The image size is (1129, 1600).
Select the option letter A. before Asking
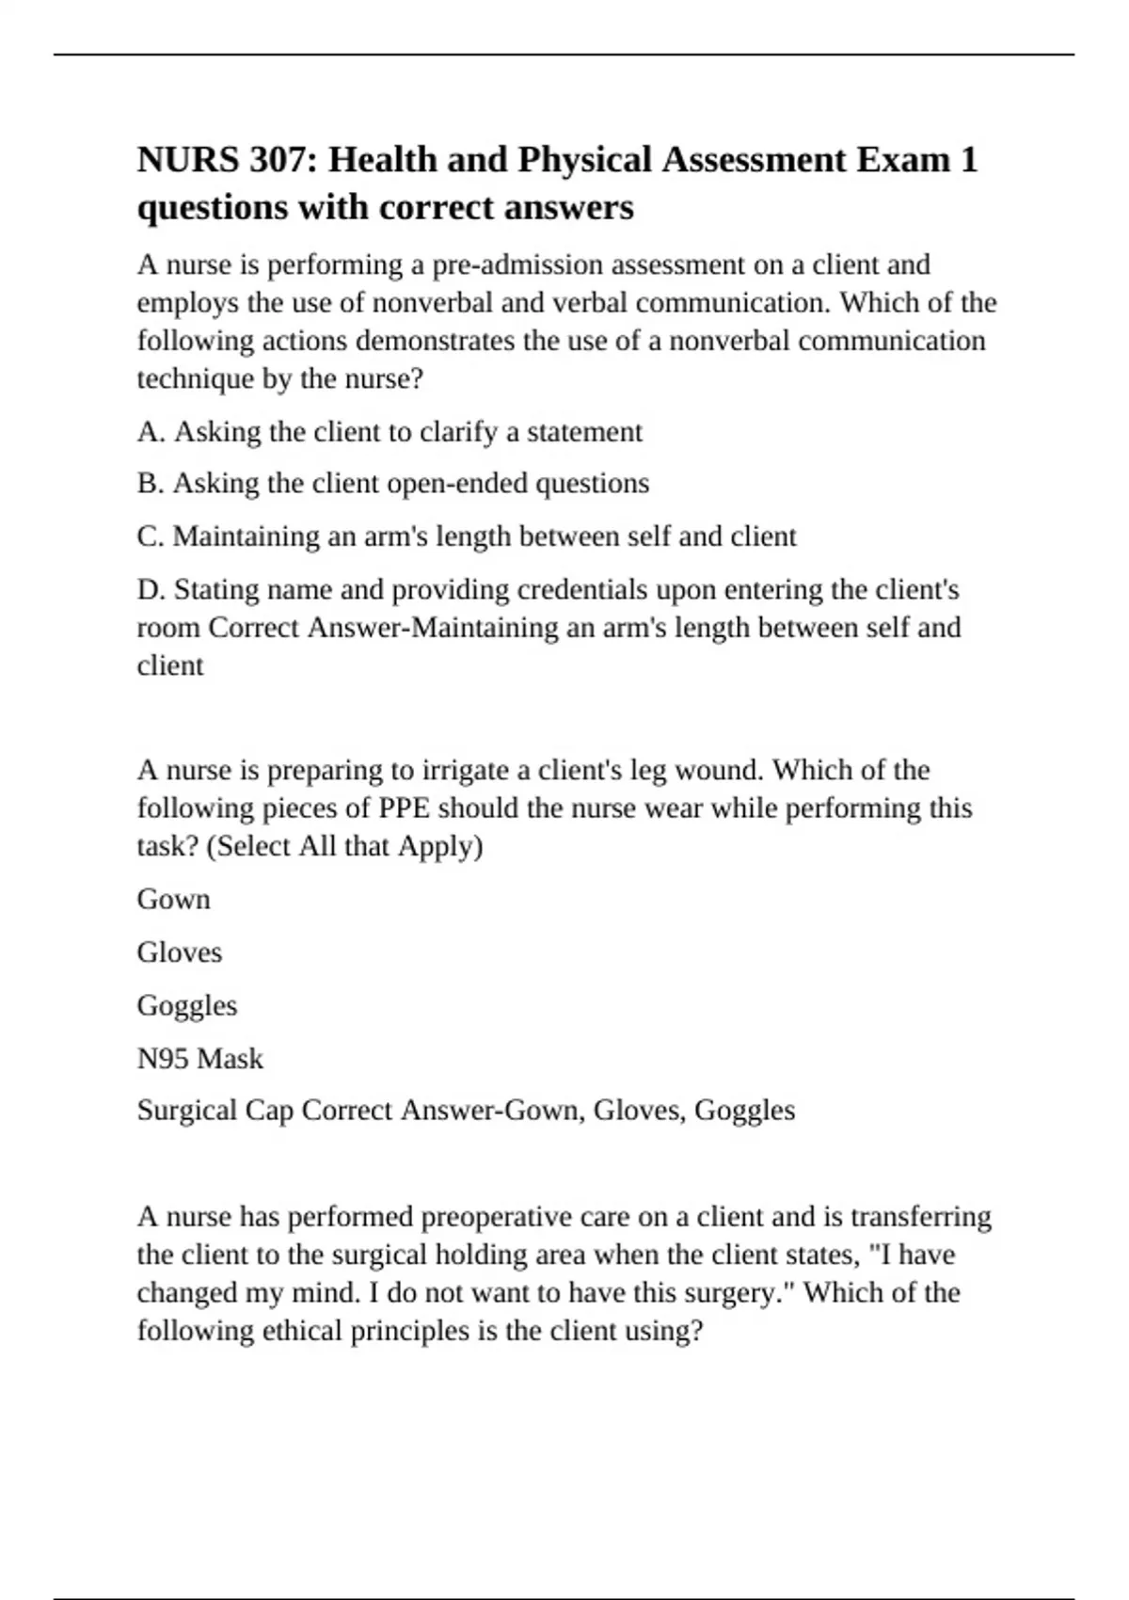(x=151, y=432)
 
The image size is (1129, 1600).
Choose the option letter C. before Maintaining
(x=151, y=536)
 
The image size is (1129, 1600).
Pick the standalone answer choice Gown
(x=173, y=899)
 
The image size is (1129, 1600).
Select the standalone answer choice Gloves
(x=179, y=952)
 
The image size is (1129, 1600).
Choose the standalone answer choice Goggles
(x=186, y=1005)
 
